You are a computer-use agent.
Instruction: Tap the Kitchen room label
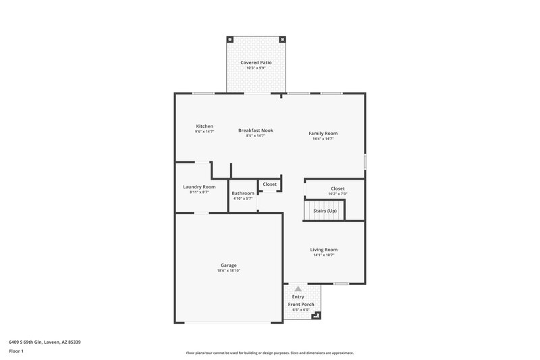205,126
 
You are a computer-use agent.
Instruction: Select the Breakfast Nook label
255,130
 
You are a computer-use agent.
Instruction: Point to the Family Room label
323,134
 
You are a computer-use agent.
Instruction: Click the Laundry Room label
199,187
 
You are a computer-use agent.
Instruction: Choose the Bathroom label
242,193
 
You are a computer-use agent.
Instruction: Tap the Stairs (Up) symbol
325,211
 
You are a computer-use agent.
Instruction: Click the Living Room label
323,249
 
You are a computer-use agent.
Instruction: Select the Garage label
228,265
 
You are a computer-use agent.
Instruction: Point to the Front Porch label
301,305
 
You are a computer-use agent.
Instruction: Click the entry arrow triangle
298,288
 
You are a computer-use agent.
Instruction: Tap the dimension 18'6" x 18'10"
228,270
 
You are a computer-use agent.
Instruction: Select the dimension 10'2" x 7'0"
337,194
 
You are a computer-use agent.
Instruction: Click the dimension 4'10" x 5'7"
242,199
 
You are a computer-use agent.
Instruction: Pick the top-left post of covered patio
230,38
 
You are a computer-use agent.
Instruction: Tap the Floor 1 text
17,351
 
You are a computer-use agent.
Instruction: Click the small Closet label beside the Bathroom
269,184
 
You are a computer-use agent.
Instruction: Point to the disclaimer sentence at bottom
269,353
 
